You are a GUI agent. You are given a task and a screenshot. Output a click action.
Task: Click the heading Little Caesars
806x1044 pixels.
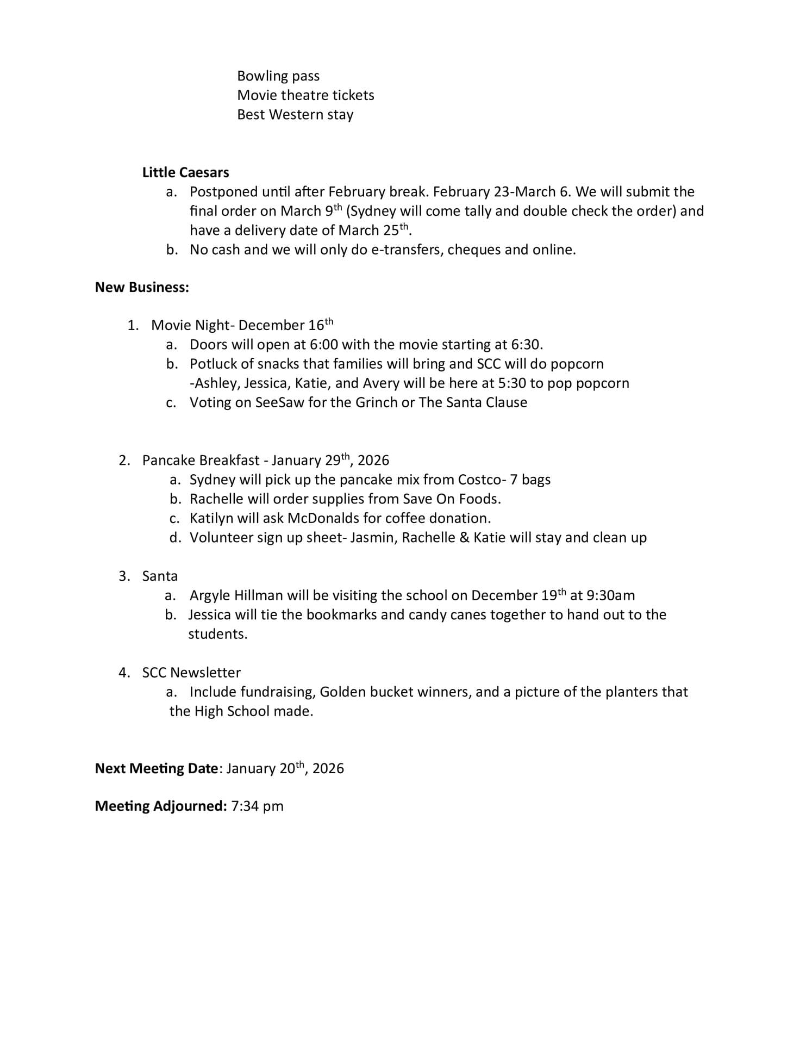pos(185,172)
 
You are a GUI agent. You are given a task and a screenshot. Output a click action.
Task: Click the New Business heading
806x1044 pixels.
pos(142,287)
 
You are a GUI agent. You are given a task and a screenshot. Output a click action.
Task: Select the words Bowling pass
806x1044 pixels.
pos(278,76)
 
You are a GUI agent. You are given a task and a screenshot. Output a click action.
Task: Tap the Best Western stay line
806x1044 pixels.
pos(295,115)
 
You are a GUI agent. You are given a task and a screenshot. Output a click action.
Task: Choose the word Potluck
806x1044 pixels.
pos(213,364)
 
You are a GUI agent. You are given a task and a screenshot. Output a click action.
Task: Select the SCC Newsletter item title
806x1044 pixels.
pos(191,673)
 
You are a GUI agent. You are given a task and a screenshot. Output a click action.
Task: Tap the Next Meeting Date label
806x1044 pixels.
pos(156,768)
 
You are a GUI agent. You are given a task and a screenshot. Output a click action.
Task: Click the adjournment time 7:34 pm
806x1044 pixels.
pos(257,806)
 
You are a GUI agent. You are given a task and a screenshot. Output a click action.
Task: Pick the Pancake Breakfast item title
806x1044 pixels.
pos(201,461)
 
